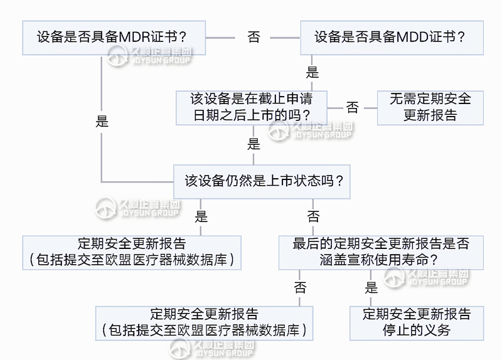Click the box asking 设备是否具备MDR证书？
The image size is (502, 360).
point(113,37)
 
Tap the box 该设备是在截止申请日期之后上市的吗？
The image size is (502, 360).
point(251,107)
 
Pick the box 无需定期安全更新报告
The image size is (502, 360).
point(430,107)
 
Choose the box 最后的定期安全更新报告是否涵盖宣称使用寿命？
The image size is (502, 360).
point(381,252)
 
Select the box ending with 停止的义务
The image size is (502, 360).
point(417,322)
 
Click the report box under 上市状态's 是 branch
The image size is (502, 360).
point(132,252)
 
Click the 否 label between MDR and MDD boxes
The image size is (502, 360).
point(254,38)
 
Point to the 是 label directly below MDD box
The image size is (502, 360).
point(312,73)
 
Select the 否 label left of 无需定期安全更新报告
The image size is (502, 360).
point(353,108)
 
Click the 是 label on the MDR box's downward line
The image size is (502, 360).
point(102,122)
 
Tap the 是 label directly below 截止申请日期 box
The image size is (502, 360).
point(254,144)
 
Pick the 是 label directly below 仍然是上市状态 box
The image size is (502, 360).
point(201,217)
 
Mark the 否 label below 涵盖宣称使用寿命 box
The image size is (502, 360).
point(300,288)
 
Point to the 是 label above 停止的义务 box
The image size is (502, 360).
point(371,288)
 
